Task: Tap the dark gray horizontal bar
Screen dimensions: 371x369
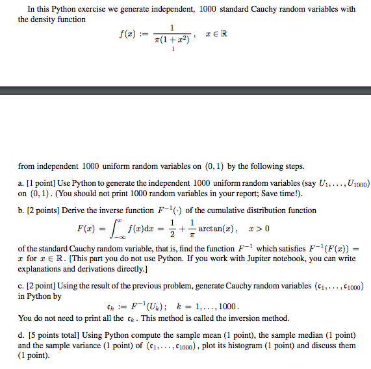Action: pyautogui.click(x=185, y=91)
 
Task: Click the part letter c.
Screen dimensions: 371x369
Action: pyautogui.click(x=21, y=286)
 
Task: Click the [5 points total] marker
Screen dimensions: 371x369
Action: pyautogui.click(x=53, y=335)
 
